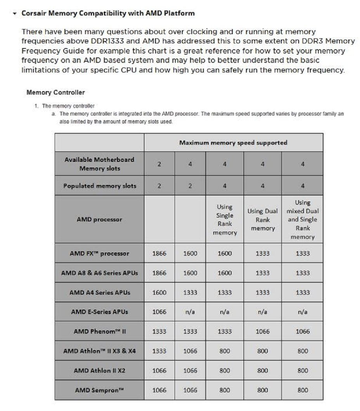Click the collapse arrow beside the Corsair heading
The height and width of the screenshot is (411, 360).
[15, 14]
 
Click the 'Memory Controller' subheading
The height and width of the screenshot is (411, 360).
[55, 93]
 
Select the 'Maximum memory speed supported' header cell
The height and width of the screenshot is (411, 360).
[233, 143]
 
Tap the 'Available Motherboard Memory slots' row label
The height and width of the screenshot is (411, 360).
[99, 164]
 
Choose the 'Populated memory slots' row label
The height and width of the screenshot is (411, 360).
[100, 186]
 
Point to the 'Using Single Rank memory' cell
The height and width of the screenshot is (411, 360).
[225, 219]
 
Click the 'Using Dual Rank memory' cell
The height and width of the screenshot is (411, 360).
[263, 219]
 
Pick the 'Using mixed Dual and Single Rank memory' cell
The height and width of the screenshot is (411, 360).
[302, 219]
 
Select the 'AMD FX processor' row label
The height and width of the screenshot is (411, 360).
[99, 254]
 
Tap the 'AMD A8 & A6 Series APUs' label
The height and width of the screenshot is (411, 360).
[99, 273]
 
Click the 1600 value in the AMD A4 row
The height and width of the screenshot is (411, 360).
[159, 293]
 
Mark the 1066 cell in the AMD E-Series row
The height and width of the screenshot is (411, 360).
[159, 312]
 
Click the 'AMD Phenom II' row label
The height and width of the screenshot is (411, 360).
[99, 332]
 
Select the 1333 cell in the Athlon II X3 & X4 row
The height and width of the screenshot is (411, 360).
[159, 351]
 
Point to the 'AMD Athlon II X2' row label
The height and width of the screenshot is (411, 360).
[99, 371]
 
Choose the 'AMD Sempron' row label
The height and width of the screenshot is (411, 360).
[99, 390]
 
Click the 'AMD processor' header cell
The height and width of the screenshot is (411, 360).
[99, 219]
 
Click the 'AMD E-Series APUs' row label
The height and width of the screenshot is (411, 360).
[99, 312]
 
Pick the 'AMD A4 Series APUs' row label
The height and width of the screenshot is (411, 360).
[99, 293]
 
